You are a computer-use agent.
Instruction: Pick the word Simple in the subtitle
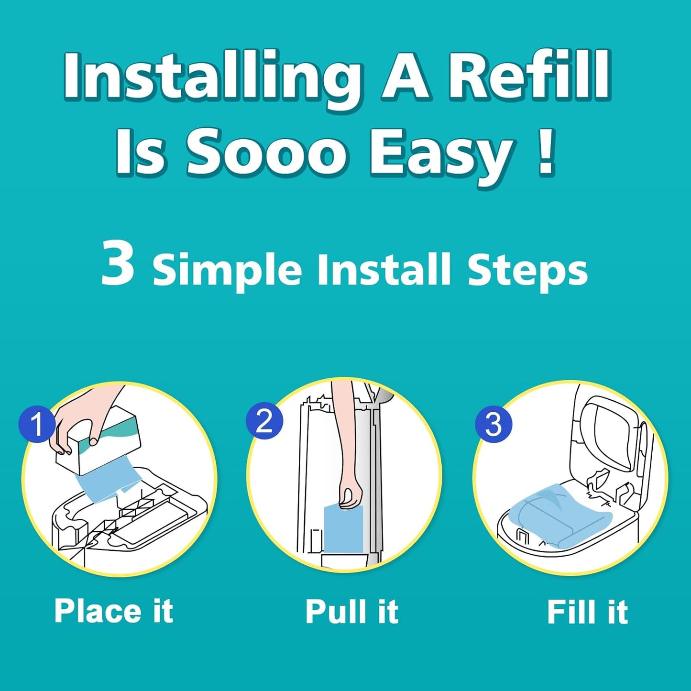(227, 270)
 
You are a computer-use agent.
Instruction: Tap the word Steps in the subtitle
(527, 270)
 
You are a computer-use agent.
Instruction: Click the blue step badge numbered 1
(37, 424)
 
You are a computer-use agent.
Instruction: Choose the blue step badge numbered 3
(493, 424)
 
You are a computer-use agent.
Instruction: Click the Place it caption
(113, 611)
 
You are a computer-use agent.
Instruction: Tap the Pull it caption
(351, 612)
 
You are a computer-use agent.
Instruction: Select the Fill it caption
(587, 612)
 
